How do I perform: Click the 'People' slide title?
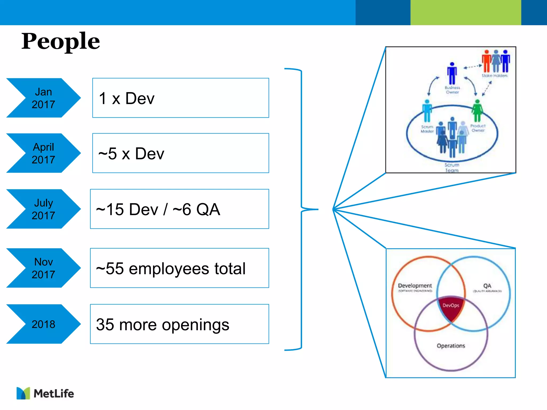(61, 41)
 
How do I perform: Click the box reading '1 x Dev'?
(181, 98)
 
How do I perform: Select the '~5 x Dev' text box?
(181, 153)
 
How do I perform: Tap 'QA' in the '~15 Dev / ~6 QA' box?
(208, 209)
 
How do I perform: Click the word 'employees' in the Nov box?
(169, 269)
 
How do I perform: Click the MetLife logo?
(45, 393)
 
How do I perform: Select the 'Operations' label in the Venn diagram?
(451, 346)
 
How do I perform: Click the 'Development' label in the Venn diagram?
(415, 286)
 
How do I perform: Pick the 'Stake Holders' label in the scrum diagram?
(494, 76)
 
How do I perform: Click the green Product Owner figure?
(477, 111)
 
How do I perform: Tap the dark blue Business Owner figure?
(452, 73)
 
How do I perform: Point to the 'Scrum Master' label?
(427, 129)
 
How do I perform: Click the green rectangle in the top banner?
(466, 13)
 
